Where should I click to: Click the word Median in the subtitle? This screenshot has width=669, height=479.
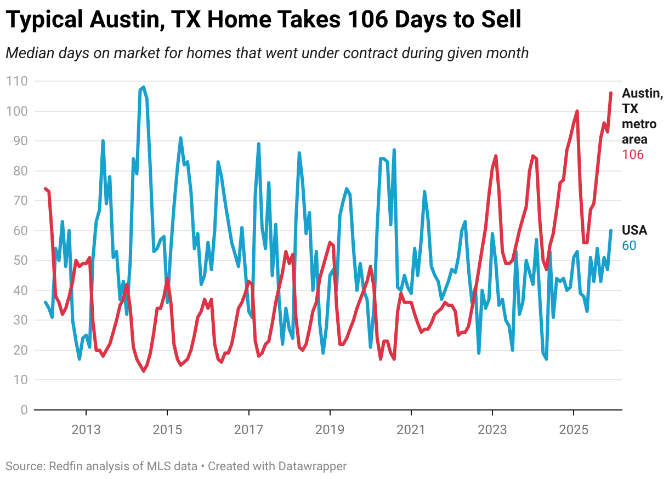28,53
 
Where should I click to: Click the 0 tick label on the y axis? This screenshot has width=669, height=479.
24,409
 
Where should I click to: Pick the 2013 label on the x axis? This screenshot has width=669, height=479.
86,428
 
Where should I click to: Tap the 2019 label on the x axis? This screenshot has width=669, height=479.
330,428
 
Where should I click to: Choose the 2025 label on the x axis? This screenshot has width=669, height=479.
573,428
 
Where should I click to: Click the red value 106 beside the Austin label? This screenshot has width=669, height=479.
632,155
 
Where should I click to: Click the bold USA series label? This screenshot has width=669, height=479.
634,230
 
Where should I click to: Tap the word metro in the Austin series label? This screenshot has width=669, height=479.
638,124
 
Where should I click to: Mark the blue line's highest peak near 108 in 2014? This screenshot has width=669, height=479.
144,87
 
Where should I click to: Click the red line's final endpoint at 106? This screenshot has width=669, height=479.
611,93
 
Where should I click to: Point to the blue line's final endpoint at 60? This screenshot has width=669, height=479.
611,231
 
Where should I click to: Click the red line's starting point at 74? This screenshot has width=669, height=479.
46,189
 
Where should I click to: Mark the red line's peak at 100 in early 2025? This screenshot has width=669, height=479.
577,111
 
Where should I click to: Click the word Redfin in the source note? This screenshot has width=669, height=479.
65,466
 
